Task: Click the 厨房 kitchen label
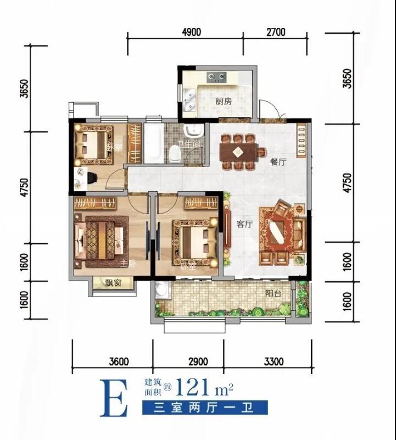(x=224, y=101)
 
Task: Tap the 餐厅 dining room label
(x=278, y=162)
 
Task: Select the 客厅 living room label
(x=244, y=224)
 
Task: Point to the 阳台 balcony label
(x=274, y=293)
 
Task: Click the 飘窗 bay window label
(x=113, y=283)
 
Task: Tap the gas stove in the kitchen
(x=216, y=77)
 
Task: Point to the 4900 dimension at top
(x=191, y=32)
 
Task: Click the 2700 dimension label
(x=276, y=32)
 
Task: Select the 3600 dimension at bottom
(x=119, y=361)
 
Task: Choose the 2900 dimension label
(x=198, y=361)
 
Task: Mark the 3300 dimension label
(x=274, y=361)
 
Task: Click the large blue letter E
(x=114, y=398)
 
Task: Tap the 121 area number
(x=192, y=387)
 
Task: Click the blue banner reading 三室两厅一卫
(x=205, y=408)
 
